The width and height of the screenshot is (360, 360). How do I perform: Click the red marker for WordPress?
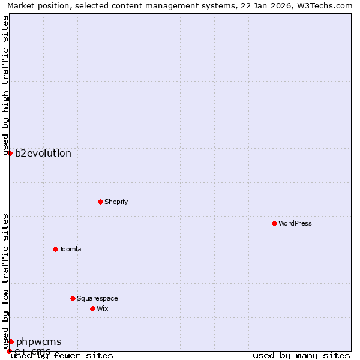click(274, 223)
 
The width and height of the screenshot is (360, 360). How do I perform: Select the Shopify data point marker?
click(100, 202)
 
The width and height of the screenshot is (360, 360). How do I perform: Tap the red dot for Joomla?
click(55, 249)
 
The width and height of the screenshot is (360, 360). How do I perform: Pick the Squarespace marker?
click(73, 298)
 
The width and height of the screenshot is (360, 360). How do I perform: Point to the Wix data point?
click(92, 308)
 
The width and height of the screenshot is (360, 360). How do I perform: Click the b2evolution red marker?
click(10, 153)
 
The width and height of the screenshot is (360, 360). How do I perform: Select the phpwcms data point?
click(11, 341)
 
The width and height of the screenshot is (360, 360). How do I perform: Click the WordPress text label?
click(295, 223)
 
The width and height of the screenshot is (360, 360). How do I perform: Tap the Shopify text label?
click(116, 202)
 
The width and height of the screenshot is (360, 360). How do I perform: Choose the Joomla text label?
click(70, 249)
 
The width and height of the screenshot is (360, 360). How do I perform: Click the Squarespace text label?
click(97, 298)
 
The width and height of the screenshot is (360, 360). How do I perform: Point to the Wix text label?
click(103, 308)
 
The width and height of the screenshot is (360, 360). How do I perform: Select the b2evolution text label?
click(43, 153)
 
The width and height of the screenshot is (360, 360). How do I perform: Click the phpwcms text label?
click(38, 341)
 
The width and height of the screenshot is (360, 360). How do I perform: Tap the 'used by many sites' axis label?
click(301, 355)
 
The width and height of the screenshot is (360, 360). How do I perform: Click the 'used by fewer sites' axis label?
click(62, 355)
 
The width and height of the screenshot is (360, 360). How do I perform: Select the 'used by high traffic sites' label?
click(6, 86)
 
